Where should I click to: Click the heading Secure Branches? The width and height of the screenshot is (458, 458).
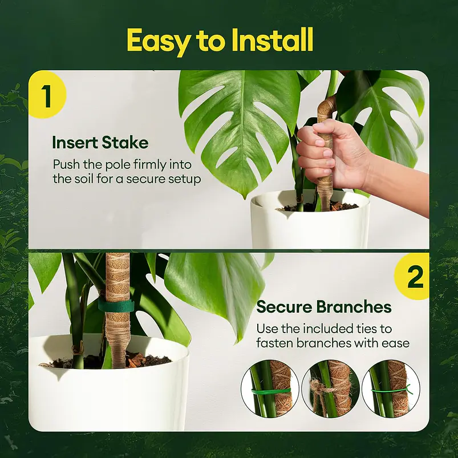(324, 307)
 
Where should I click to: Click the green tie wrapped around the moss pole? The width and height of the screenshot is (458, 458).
(116, 306)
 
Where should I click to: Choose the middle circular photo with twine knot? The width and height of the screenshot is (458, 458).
(330, 390)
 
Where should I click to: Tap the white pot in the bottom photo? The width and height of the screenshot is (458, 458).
(108, 394)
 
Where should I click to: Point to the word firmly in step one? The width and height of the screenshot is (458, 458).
(149, 165)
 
